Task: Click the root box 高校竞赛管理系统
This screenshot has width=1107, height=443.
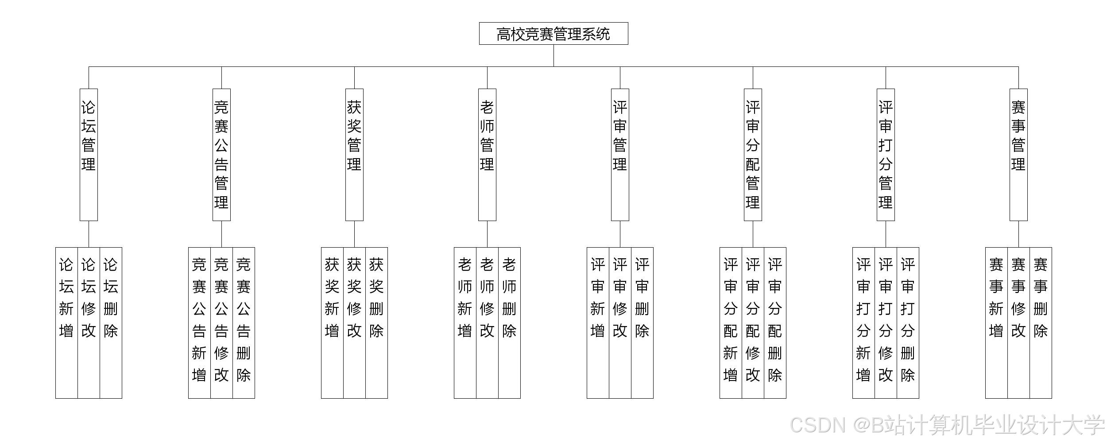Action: pos(553,34)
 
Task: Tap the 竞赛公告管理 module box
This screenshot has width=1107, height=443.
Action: pos(221,155)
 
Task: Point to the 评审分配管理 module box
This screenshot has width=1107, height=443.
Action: pos(753,155)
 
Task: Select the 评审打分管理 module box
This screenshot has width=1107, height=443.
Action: pos(886,155)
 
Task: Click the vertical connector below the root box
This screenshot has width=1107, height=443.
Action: pos(553,55)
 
